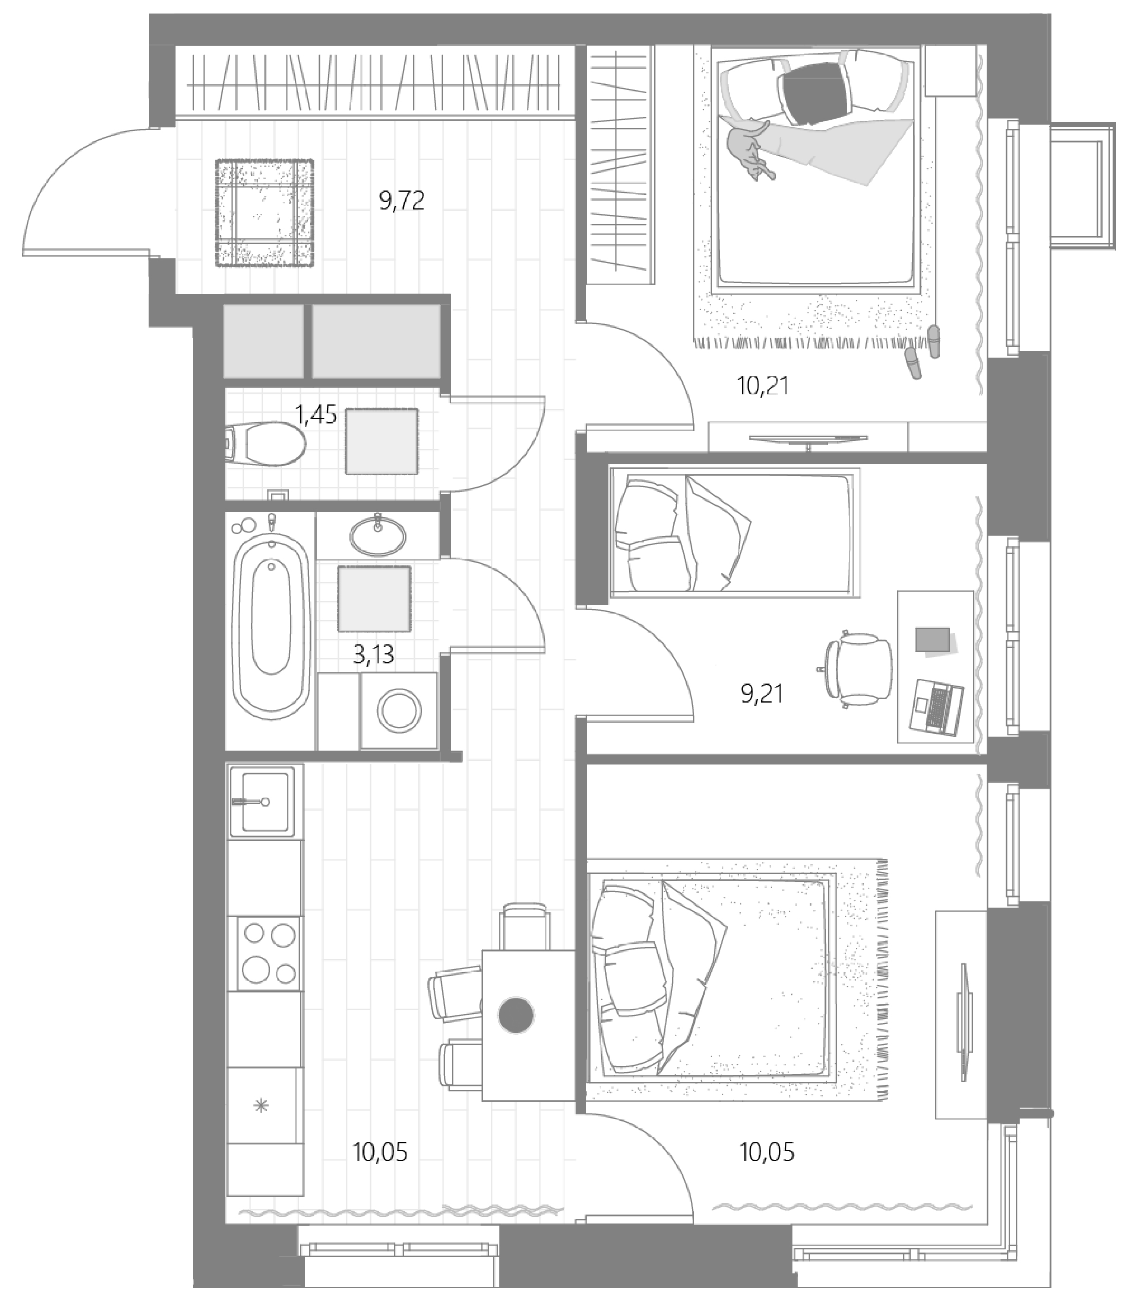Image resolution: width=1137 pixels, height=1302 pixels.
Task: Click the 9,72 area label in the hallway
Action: click(x=402, y=202)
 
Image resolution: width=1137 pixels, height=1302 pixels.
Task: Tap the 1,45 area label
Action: click(x=315, y=416)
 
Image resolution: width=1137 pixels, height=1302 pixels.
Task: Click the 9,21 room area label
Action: click(x=762, y=694)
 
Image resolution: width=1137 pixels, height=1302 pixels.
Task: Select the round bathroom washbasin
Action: click(x=378, y=535)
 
